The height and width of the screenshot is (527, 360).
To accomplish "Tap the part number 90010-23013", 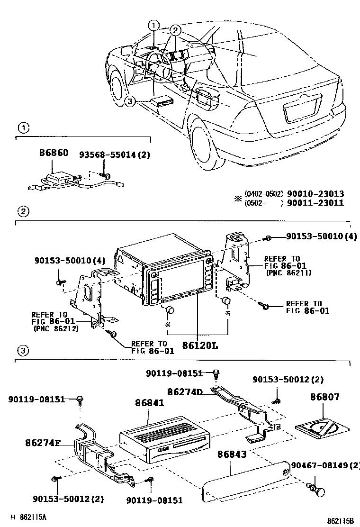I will [315, 194].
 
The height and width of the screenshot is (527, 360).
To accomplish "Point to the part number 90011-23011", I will [315, 203].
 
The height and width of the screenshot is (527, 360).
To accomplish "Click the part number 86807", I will [325, 397].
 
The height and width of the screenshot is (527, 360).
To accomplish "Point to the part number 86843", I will [232, 454].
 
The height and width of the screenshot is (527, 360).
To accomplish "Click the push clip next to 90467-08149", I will [319, 490].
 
